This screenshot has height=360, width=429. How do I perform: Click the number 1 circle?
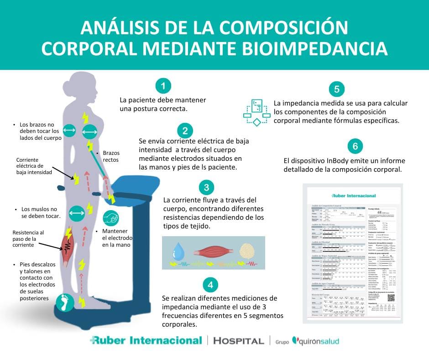click(163, 85)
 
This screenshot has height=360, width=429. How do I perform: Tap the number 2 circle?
click(185, 131)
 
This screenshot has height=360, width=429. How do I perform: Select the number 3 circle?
click(207, 187)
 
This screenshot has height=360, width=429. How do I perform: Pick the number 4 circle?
click(210, 285)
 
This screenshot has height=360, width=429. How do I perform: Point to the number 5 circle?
click(336, 89)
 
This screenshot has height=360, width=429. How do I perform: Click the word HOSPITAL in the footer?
click(239, 341)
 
